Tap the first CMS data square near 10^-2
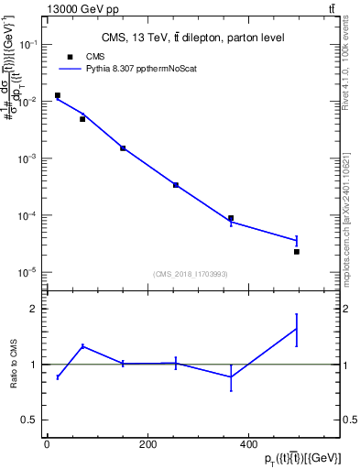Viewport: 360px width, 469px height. point(57,95)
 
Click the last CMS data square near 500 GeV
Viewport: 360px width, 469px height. point(297,251)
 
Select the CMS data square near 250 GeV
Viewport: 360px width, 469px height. point(176,185)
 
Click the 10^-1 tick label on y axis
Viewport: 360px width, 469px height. point(28,45)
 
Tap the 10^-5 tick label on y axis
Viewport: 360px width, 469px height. point(28,272)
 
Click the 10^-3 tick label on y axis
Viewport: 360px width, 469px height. point(28,158)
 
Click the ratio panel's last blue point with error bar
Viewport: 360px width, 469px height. point(297,329)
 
